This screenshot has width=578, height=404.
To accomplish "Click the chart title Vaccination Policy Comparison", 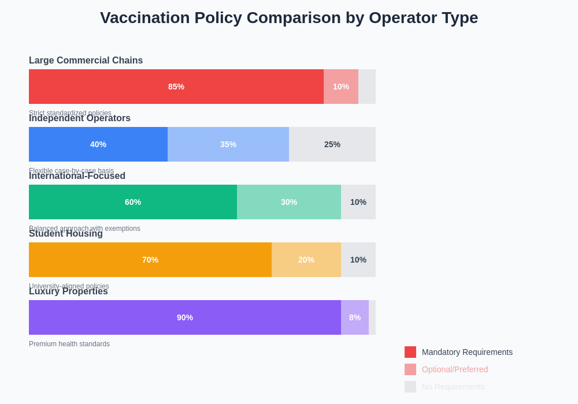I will pyautogui.click(x=289, y=18).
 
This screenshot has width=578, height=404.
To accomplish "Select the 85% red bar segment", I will pyautogui.click(x=176, y=87).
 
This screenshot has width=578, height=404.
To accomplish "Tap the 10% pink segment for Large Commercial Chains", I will pyautogui.click(x=341, y=87).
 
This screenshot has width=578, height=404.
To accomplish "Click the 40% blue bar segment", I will pyautogui.click(x=98, y=144).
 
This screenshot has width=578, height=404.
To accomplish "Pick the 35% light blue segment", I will pyautogui.click(x=228, y=144).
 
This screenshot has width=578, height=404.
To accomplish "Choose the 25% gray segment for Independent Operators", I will pyautogui.click(x=332, y=144).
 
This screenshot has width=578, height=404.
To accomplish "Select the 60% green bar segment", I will pyautogui.click(x=133, y=202).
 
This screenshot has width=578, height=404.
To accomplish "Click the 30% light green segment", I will pyautogui.click(x=289, y=202).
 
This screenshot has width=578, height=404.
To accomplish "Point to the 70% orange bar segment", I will pyautogui.click(x=150, y=260).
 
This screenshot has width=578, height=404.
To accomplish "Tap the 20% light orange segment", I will pyautogui.click(x=306, y=260).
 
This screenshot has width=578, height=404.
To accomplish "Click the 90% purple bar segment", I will pyautogui.click(x=185, y=317).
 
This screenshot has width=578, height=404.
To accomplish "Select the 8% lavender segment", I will pyautogui.click(x=355, y=317).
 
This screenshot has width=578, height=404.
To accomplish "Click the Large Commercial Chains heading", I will pyautogui.click(x=86, y=61).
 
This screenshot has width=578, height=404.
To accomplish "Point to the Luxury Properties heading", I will pyautogui.click(x=68, y=291).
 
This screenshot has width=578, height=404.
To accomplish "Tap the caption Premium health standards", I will pyautogui.click(x=69, y=344).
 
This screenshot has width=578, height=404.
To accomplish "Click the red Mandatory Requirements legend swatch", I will pyautogui.click(x=410, y=352).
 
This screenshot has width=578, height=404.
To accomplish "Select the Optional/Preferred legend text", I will pyautogui.click(x=455, y=369).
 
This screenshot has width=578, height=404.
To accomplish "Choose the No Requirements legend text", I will pyautogui.click(x=453, y=387).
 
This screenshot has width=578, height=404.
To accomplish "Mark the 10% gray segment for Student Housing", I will pyautogui.click(x=358, y=260).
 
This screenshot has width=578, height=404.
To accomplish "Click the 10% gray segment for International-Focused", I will pyautogui.click(x=358, y=202).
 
